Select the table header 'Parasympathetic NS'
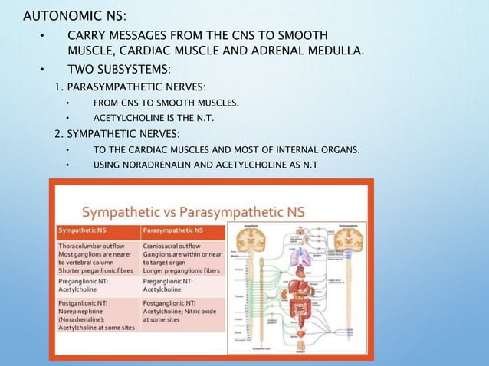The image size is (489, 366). click(x=172, y=230)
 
